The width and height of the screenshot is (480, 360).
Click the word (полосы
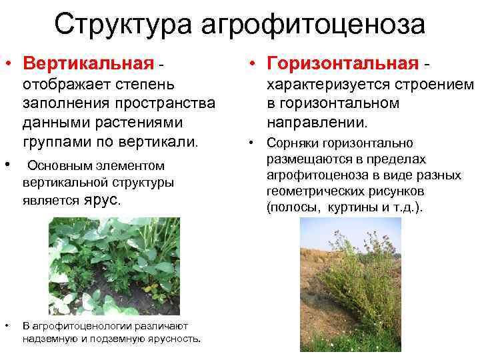point(288,207)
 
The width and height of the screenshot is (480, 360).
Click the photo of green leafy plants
point(114,265)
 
